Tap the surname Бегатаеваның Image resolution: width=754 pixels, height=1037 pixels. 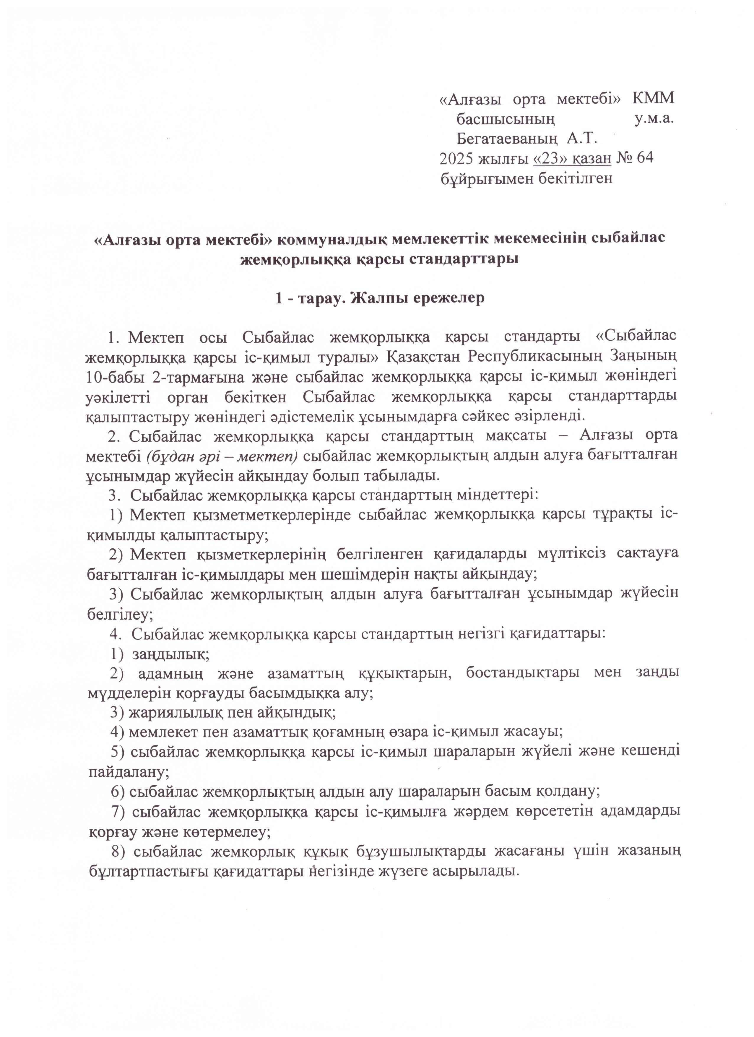coord(507,138)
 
